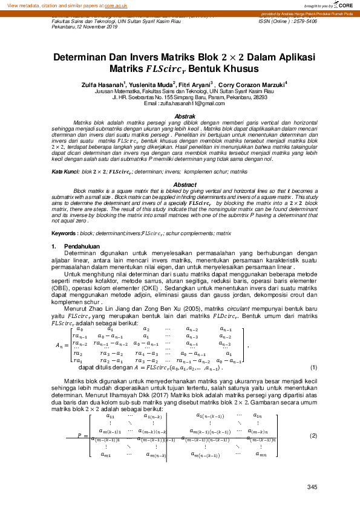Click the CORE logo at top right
pyautogui.click(x=342, y=5)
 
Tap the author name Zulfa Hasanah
pyautogui.click(x=103, y=85)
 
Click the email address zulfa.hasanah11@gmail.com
pyautogui.click(x=188, y=103)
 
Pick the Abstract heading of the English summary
pyautogui.click(x=185, y=184)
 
